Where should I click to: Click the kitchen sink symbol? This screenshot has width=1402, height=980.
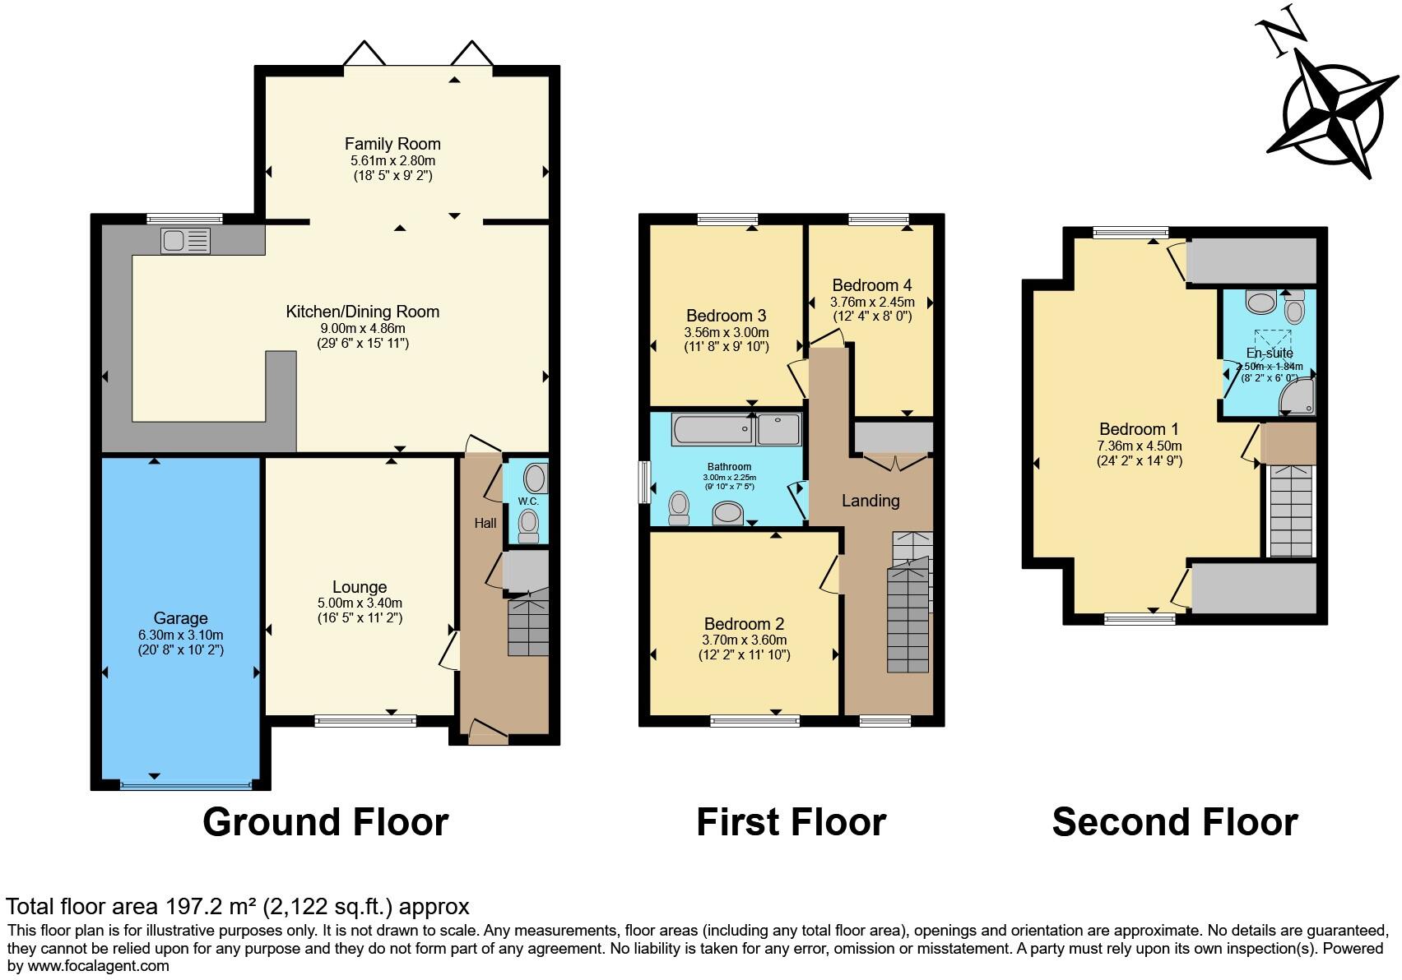(x=186, y=240)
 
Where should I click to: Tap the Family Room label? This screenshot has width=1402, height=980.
(x=392, y=144)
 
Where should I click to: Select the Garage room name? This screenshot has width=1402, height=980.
(x=180, y=618)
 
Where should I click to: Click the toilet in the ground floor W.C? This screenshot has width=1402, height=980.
(x=529, y=523)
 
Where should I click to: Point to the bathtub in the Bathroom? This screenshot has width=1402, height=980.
(x=713, y=429)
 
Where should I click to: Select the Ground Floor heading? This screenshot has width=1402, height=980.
(x=325, y=821)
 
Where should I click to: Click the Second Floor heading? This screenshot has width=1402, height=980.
(x=1174, y=821)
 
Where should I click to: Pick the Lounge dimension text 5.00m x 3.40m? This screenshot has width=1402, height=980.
(x=360, y=603)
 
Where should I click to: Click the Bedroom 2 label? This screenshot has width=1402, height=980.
(x=744, y=623)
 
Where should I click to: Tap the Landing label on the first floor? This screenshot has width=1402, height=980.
(x=870, y=501)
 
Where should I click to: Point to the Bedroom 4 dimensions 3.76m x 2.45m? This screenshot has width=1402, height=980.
(x=871, y=302)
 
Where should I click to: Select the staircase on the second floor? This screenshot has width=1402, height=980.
(x=1290, y=511)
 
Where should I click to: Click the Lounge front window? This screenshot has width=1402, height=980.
(x=365, y=721)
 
